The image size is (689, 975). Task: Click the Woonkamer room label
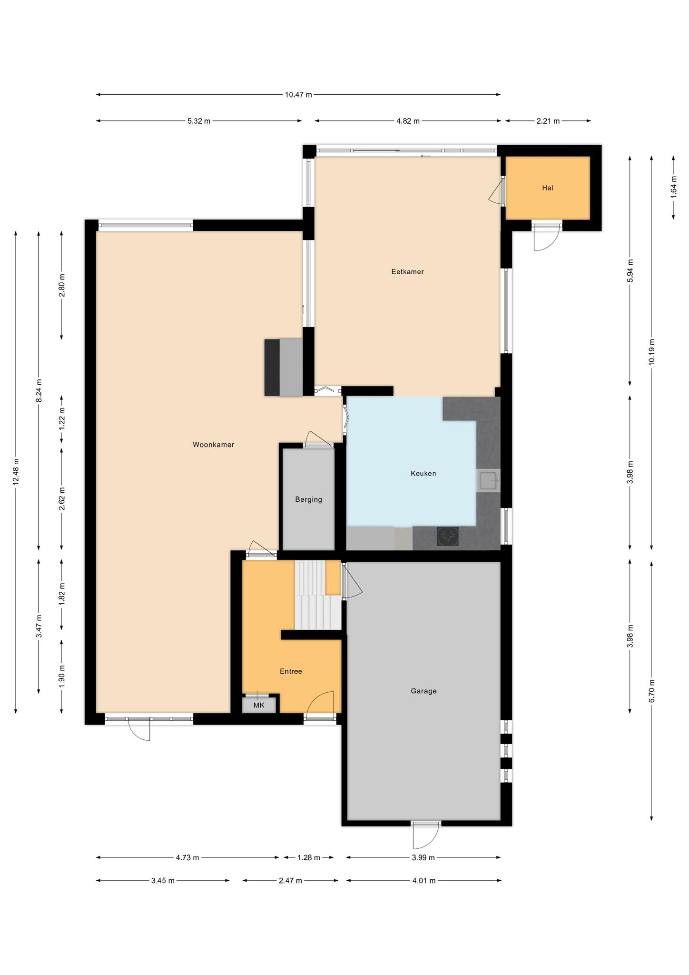pos(213,445)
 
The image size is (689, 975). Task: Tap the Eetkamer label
pos(407,272)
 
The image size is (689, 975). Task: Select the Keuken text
pos(423,473)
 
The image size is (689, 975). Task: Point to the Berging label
pos(308,499)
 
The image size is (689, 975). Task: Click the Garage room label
pos(423,691)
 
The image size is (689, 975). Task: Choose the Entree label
pos(291,671)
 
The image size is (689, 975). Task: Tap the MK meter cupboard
pos(259,705)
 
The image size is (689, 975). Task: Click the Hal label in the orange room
pos(548,188)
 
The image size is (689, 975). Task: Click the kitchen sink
pos(489,481)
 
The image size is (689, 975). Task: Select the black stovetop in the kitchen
pos(448,536)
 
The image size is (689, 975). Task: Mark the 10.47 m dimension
pos(298,94)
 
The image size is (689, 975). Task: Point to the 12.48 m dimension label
pos(16,472)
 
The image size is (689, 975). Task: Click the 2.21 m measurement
pos(548,121)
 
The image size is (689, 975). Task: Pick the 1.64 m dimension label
pos(673,188)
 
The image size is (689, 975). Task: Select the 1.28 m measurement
pos(308,857)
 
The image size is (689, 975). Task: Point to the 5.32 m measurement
pos(198,121)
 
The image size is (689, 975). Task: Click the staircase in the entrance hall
pos(318,595)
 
